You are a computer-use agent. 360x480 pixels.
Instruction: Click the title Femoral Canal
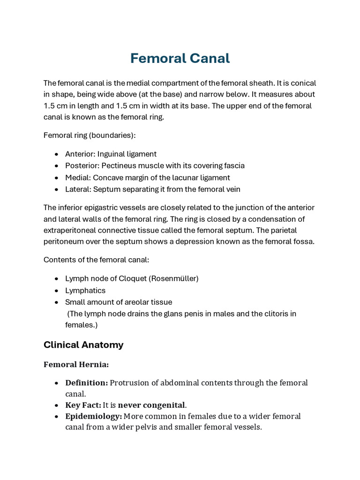(x=180, y=59)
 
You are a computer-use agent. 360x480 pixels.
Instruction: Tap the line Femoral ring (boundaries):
(x=90, y=135)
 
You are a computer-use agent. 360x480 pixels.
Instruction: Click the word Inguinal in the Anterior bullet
(x=112, y=154)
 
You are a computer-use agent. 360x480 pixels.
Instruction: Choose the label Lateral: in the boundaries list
(x=78, y=189)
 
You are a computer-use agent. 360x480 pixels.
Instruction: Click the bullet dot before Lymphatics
(x=57, y=291)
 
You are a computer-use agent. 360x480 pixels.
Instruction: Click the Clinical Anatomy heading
(x=83, y=345)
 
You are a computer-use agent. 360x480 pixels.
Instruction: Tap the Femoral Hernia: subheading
(x=76, y=364)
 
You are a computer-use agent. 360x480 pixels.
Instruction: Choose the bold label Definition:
(x=86, y=382)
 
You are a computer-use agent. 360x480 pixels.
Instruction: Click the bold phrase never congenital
(x=151, y=405)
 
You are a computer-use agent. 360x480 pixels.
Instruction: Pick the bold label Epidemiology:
(x=93, y=416)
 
